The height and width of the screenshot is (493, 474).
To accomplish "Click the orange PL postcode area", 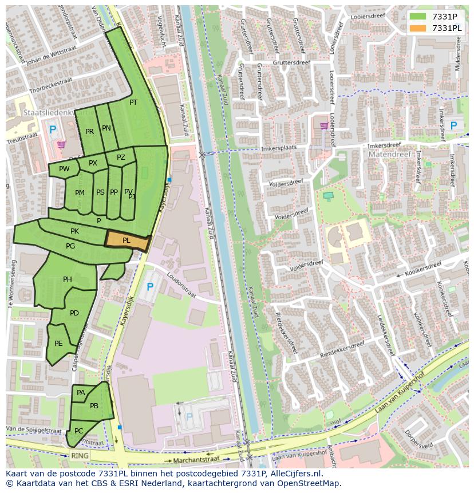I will point(127,241).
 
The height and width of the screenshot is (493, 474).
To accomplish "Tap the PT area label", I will point(133,102).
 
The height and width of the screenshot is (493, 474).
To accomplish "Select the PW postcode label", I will point(64,169).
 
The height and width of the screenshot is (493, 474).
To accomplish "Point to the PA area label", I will point(81,393).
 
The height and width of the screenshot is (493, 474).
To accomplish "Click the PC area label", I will point(79,431).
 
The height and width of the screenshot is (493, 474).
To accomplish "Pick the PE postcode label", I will point(58,344).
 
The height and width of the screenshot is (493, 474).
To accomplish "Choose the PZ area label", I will point(121,157).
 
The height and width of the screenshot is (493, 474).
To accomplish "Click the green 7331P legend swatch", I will point(418,17).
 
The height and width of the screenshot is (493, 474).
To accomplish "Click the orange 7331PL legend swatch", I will point(418,28).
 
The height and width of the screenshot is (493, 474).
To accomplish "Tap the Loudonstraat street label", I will point(181,285).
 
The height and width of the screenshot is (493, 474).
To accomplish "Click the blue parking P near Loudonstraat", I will point(150,287).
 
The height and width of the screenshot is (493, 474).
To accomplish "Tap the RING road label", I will point(80,456).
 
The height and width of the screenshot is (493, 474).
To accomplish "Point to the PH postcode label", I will point(68,279).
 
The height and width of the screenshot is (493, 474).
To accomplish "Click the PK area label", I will point(74,231).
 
